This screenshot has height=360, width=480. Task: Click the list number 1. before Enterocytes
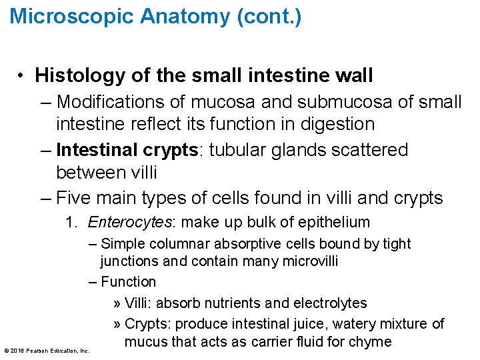pyautogui.click(x=72, y=223)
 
